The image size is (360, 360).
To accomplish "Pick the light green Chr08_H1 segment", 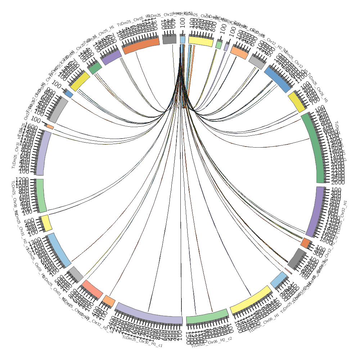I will point(41,195).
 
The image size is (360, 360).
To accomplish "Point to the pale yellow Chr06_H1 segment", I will point(251,300).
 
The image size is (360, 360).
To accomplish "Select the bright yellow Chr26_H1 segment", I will point(297,102).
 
